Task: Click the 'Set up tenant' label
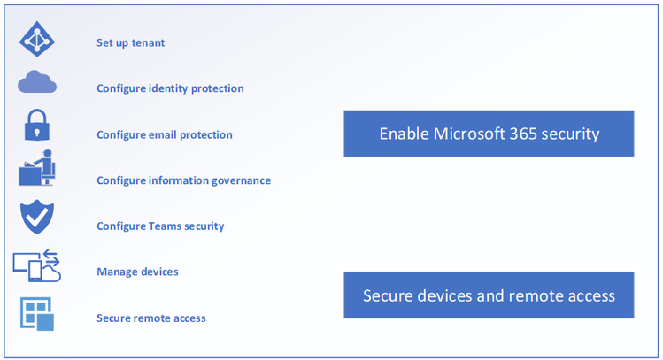[130, 42]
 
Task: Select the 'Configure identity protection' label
[170, 88]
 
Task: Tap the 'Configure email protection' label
[165, 134]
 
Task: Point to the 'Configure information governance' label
[183, 180]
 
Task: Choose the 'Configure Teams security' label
[160, 226]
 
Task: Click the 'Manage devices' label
[137, 272]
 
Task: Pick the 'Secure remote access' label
[151, 318]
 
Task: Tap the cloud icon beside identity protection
[37, 84]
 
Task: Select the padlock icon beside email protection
[37, 125]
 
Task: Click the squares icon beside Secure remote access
[37, 312]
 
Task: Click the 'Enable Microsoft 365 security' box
[489, 134]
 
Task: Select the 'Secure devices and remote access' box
[489, 295]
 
